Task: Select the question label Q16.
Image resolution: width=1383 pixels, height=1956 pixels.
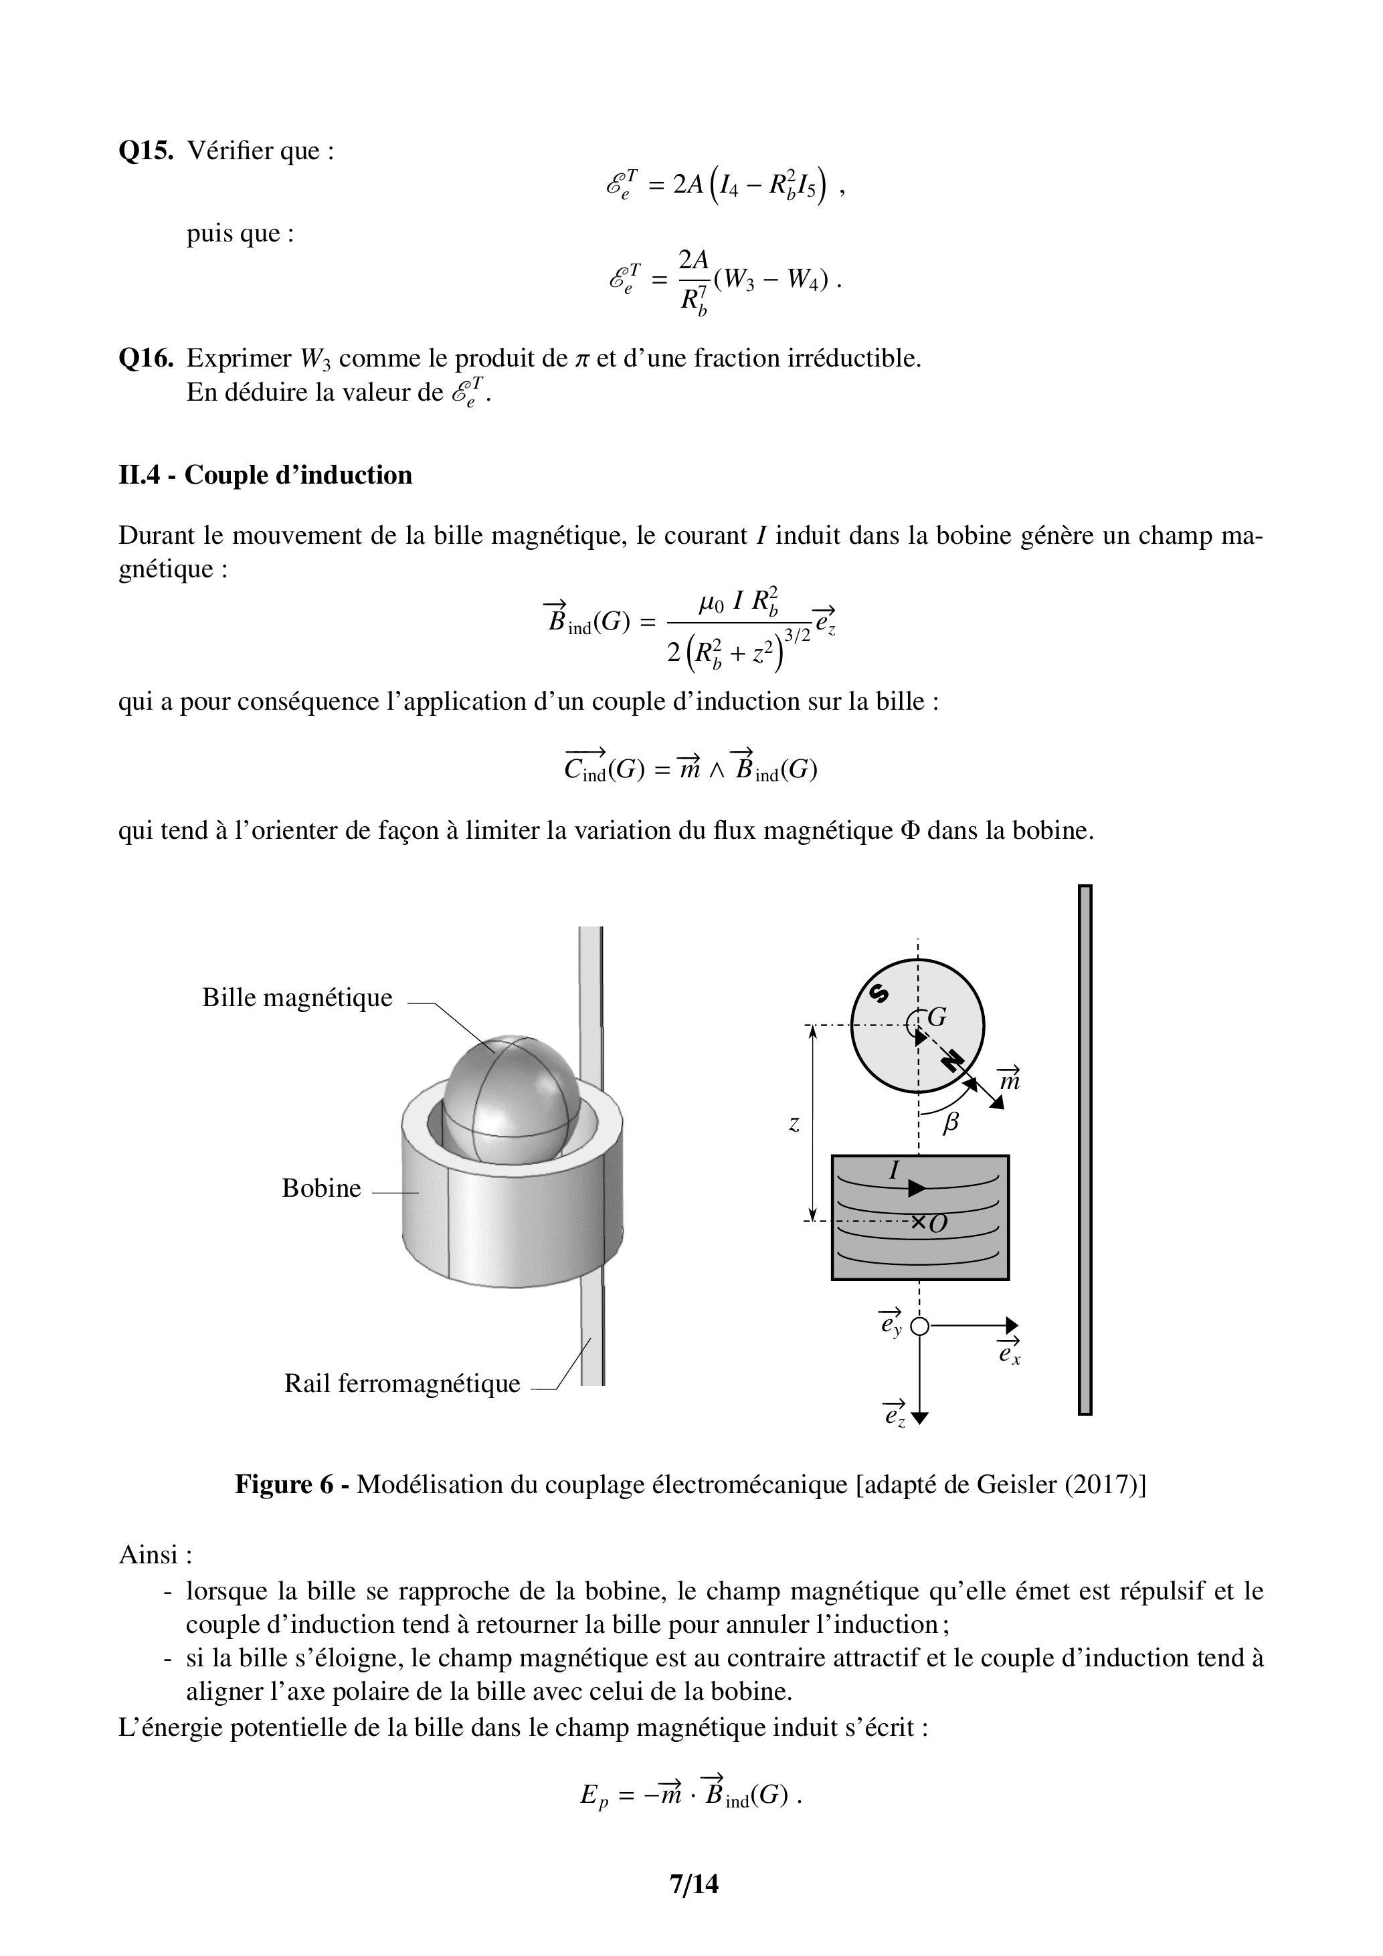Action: pyautogui.click(x=146, y=358)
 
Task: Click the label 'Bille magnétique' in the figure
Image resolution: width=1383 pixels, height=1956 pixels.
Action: pyautogui.click(x=296, y=997)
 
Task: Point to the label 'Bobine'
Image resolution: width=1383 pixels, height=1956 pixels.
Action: pyautogui.click(x=321, y=1189)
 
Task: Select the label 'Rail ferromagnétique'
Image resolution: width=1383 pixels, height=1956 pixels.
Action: pyautogui.click(x=401, y=1383)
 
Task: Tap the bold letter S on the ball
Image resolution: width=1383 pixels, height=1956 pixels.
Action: pyautogui.click(x=879, y=993)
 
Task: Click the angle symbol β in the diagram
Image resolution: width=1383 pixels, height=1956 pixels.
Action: pyautogui.click(x=951, y=1122)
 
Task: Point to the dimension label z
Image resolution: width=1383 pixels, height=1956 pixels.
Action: pyautogui.click(x=794, y=1124)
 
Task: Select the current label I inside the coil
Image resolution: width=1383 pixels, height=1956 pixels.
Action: pyautogui.click(x=894, y=1171)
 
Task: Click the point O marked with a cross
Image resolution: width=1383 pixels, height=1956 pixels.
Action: pyautogui.click(x=937, y=1224)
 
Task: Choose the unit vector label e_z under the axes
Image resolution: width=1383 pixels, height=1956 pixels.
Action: pyautogui.click(x=894, y=1414)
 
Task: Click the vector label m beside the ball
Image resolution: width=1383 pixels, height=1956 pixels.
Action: pyautogui.click(x=1009, y=1080)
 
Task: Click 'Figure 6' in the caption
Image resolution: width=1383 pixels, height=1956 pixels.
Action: pyautogui.click(x=284, y=1485)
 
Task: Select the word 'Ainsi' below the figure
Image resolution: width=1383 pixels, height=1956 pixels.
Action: pyautogui.click(x=149, y=1555)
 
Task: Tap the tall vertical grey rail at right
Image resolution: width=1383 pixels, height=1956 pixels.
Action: pyautogui.click(x=1085, y=1150)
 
